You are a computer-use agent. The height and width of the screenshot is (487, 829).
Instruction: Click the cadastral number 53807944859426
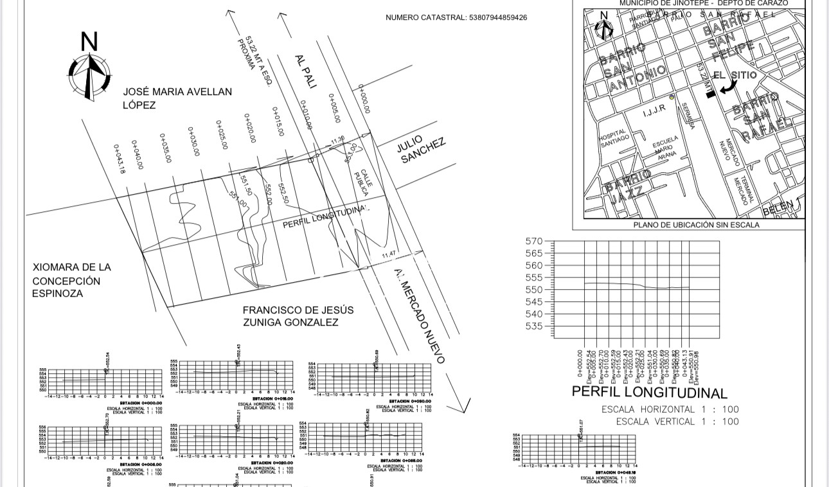pyautogui.click(x=456, y=17)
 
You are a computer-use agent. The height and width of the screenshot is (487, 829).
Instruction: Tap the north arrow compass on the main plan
pyautogui.click(x=89, y=69)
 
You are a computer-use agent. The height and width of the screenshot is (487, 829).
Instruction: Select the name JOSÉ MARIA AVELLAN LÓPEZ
pyautogui.click(x=177, y=98)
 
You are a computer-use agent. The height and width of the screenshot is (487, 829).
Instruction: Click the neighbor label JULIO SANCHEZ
pyautogui.click(x=421, y=150)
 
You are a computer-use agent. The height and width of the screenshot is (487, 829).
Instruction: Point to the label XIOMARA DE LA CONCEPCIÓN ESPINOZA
pyautogui.click(x=71, y=280)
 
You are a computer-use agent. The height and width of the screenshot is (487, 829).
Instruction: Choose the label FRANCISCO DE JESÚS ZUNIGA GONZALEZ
pyautogui.click(x=298, y=316)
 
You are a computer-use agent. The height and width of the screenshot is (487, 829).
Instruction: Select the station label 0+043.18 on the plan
pyautogui.click(x=120, y=159)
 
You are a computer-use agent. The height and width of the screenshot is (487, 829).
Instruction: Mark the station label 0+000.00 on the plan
pyautogui.click(x=364, y=99)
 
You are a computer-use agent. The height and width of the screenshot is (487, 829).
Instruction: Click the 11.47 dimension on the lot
pyautogui.click(x=389, y=255)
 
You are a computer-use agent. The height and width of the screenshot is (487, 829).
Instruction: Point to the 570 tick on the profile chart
pyautogui.click(x=534, y=241)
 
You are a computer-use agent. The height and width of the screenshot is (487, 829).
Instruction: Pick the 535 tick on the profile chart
pyautogui.click(x=534, y=326)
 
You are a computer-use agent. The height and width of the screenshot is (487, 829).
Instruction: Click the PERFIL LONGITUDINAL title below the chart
pyautogui.click(x=649, y=392)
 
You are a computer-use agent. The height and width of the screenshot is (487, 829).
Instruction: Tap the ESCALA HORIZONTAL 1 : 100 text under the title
pyautogui.click(x=670, y=409)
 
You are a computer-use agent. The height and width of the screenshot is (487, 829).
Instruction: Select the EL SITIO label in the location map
pyautogui.click(x=735, y=75)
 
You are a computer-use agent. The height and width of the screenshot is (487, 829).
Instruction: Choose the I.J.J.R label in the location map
pyautogui.click(x=654, y=112)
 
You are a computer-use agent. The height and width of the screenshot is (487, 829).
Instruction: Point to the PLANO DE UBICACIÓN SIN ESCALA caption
pyautogui.click(x=696, y=225)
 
